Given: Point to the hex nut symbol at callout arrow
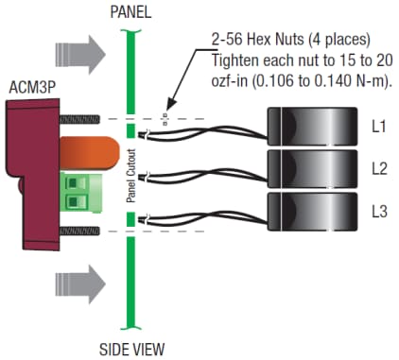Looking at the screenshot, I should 164,119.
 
